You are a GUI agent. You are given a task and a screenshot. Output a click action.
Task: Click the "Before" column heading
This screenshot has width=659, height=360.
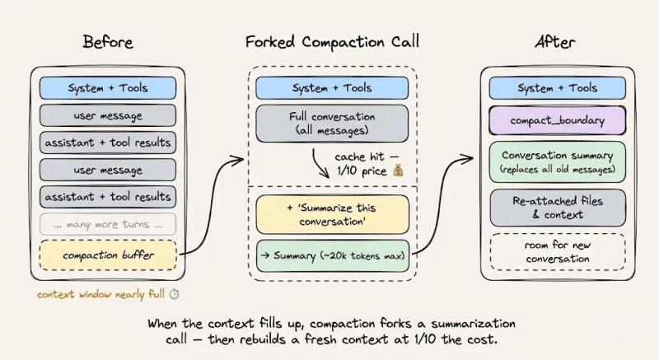[107, 41]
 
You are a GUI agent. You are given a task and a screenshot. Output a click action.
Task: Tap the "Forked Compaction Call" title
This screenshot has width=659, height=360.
[332, 41]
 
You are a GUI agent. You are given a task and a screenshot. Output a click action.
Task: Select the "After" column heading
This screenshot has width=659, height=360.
[558, 41]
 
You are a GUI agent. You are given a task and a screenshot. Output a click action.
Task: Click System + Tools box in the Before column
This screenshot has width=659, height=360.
[108, 88]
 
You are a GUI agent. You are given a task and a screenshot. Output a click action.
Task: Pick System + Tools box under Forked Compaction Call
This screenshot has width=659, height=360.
[333, 88]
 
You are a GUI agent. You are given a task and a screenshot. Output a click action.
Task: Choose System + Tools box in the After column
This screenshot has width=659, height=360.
[558, 88]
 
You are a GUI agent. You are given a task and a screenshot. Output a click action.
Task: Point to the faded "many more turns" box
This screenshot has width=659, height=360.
[108, 223]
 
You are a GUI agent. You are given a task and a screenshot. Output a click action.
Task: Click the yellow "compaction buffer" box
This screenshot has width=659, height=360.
[108, 255]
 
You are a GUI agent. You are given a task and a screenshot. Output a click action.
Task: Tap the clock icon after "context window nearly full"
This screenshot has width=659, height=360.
[175, 294]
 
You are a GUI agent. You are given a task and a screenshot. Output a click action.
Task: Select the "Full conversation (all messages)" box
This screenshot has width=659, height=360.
[333, 124]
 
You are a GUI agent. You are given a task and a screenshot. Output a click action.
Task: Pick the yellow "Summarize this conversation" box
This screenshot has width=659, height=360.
[333, 214]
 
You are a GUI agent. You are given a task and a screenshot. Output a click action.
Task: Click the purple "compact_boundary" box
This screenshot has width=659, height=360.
[558, 120]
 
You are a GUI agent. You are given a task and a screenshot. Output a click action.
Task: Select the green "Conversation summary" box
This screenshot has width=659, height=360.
[558, 161]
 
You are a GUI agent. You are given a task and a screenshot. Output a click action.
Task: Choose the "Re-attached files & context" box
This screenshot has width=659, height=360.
[558, 208]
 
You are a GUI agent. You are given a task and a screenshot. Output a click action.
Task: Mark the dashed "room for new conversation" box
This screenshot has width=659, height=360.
[558, 252]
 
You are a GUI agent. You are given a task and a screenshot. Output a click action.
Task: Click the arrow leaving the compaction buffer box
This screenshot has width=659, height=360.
[208, 206]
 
